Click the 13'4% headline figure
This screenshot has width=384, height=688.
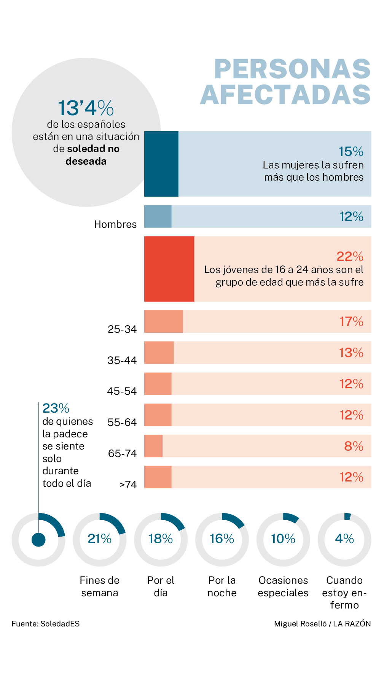point(86,108)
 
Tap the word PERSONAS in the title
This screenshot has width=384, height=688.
point(292,69)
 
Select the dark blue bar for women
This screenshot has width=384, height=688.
point(161,164)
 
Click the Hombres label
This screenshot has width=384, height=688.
point(115,224)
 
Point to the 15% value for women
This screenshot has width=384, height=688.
point(351,152)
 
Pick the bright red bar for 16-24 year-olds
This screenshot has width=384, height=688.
point(169,269)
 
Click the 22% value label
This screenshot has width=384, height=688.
point(350,257)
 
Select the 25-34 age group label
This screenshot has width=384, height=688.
point(122,329)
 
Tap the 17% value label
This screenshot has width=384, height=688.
point(351,322)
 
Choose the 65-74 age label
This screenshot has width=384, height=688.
point(122,454)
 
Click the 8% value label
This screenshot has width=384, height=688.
point(354,446)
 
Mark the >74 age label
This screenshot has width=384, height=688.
point(128,485)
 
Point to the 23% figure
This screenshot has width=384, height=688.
point(56,408)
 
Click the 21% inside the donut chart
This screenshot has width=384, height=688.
point(99,539)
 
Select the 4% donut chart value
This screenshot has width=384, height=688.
point(344,539)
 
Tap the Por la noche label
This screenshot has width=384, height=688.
point(222,586)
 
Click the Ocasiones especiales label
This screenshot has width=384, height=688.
point(283,586)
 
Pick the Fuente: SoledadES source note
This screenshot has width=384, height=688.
point(46,624)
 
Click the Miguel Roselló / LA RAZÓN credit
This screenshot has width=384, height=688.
point(322,624)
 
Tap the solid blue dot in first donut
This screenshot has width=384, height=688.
point(38,539)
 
